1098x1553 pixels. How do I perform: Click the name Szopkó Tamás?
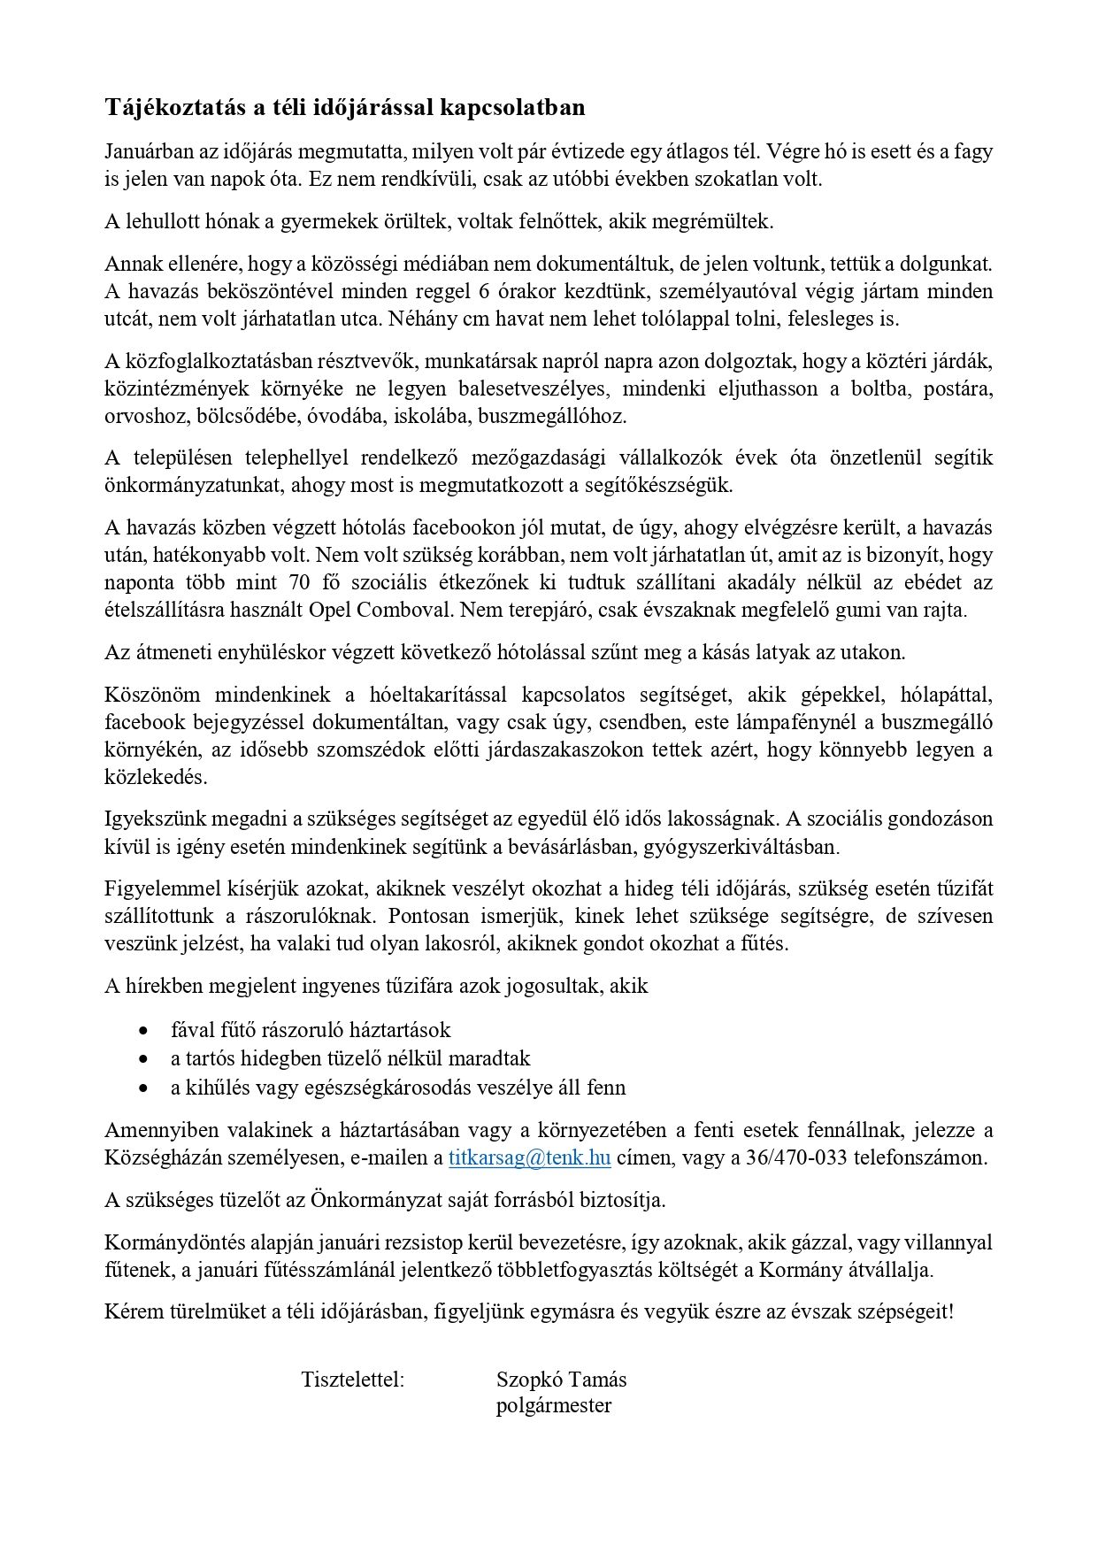(x=561, y=1380)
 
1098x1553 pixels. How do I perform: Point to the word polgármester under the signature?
(x=553, y=1406)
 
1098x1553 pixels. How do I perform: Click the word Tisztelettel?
(x=352, y=1380)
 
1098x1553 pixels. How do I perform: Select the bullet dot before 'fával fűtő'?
(x=144, y=1031)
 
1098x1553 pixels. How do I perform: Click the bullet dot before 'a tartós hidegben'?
(x=144, y=1059)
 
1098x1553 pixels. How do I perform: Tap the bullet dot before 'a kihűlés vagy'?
(x=144, y=1088)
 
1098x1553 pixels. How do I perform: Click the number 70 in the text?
(x=297, y=583)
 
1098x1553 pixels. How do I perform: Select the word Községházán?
(x=160, y=1157)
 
